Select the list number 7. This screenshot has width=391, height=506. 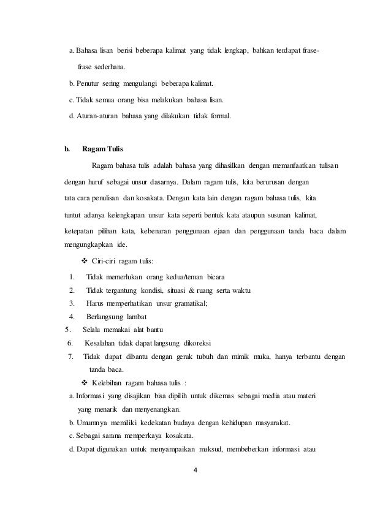71,357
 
